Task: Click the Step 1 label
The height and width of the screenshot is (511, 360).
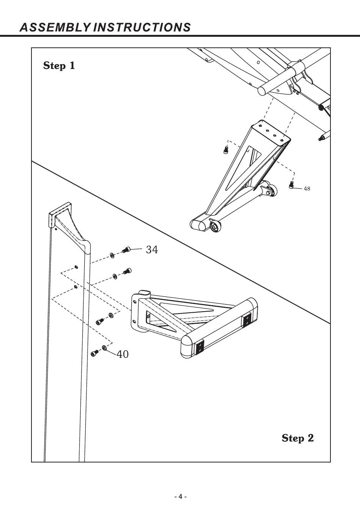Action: point(59,66)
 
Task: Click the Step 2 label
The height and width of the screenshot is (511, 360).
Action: point(298,438)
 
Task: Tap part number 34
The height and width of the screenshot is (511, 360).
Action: point(152,249)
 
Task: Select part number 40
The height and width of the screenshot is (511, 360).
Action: point(123,354)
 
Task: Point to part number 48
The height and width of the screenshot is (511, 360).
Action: point(307,189)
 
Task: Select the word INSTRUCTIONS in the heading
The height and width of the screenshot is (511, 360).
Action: point(142,27)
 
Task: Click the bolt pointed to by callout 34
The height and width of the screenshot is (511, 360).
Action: point(126,250)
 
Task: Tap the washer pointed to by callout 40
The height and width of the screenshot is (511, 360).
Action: point(105,348)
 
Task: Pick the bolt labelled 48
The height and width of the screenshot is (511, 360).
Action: point(291,185)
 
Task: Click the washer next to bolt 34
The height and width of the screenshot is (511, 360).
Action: point(112,255)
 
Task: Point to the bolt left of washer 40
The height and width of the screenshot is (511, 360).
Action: point(94,353)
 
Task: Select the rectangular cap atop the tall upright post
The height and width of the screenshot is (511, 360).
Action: point(60,214)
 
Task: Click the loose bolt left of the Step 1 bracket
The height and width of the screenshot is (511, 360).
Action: point(225,150)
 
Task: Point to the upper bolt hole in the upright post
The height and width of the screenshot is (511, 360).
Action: point(76,266)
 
